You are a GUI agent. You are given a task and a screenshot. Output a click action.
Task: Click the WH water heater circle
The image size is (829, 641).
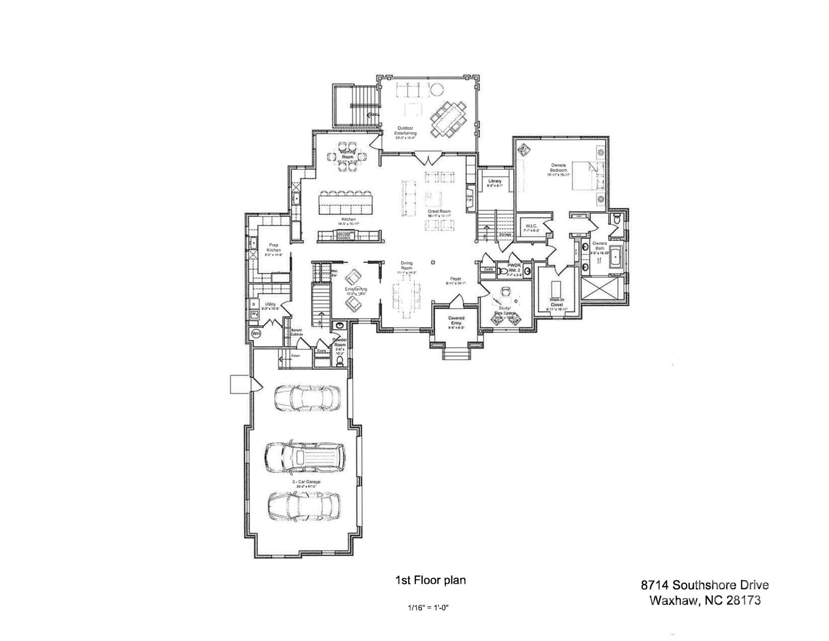pos(256,334)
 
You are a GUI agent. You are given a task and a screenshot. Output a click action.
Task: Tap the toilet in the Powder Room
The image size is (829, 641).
pos(340,361)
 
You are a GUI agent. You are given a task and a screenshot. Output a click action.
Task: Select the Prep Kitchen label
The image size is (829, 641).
pos(274,248)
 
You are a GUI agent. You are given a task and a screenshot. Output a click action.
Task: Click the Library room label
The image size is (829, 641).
pos(495,181)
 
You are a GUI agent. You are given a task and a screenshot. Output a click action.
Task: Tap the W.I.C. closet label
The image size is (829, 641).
pos(531,226)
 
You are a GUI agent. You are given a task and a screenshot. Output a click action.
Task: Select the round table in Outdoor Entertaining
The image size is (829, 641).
pos(436,89)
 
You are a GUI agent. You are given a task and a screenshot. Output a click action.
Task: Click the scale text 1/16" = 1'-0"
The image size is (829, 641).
pos(428,608)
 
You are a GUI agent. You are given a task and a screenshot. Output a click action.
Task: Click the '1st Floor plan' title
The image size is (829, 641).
pos(430,580)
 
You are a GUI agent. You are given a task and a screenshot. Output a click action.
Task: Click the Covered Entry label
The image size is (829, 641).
pos(456,320)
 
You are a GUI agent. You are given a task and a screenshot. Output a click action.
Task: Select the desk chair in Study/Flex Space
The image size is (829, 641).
pos(506,291)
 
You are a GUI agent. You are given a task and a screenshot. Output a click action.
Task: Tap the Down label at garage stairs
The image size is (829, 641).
pos(295,356)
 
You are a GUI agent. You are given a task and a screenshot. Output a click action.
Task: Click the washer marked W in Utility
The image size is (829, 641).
pos(253,313)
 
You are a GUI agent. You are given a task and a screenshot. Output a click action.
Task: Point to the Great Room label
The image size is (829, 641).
pos(439,212)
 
